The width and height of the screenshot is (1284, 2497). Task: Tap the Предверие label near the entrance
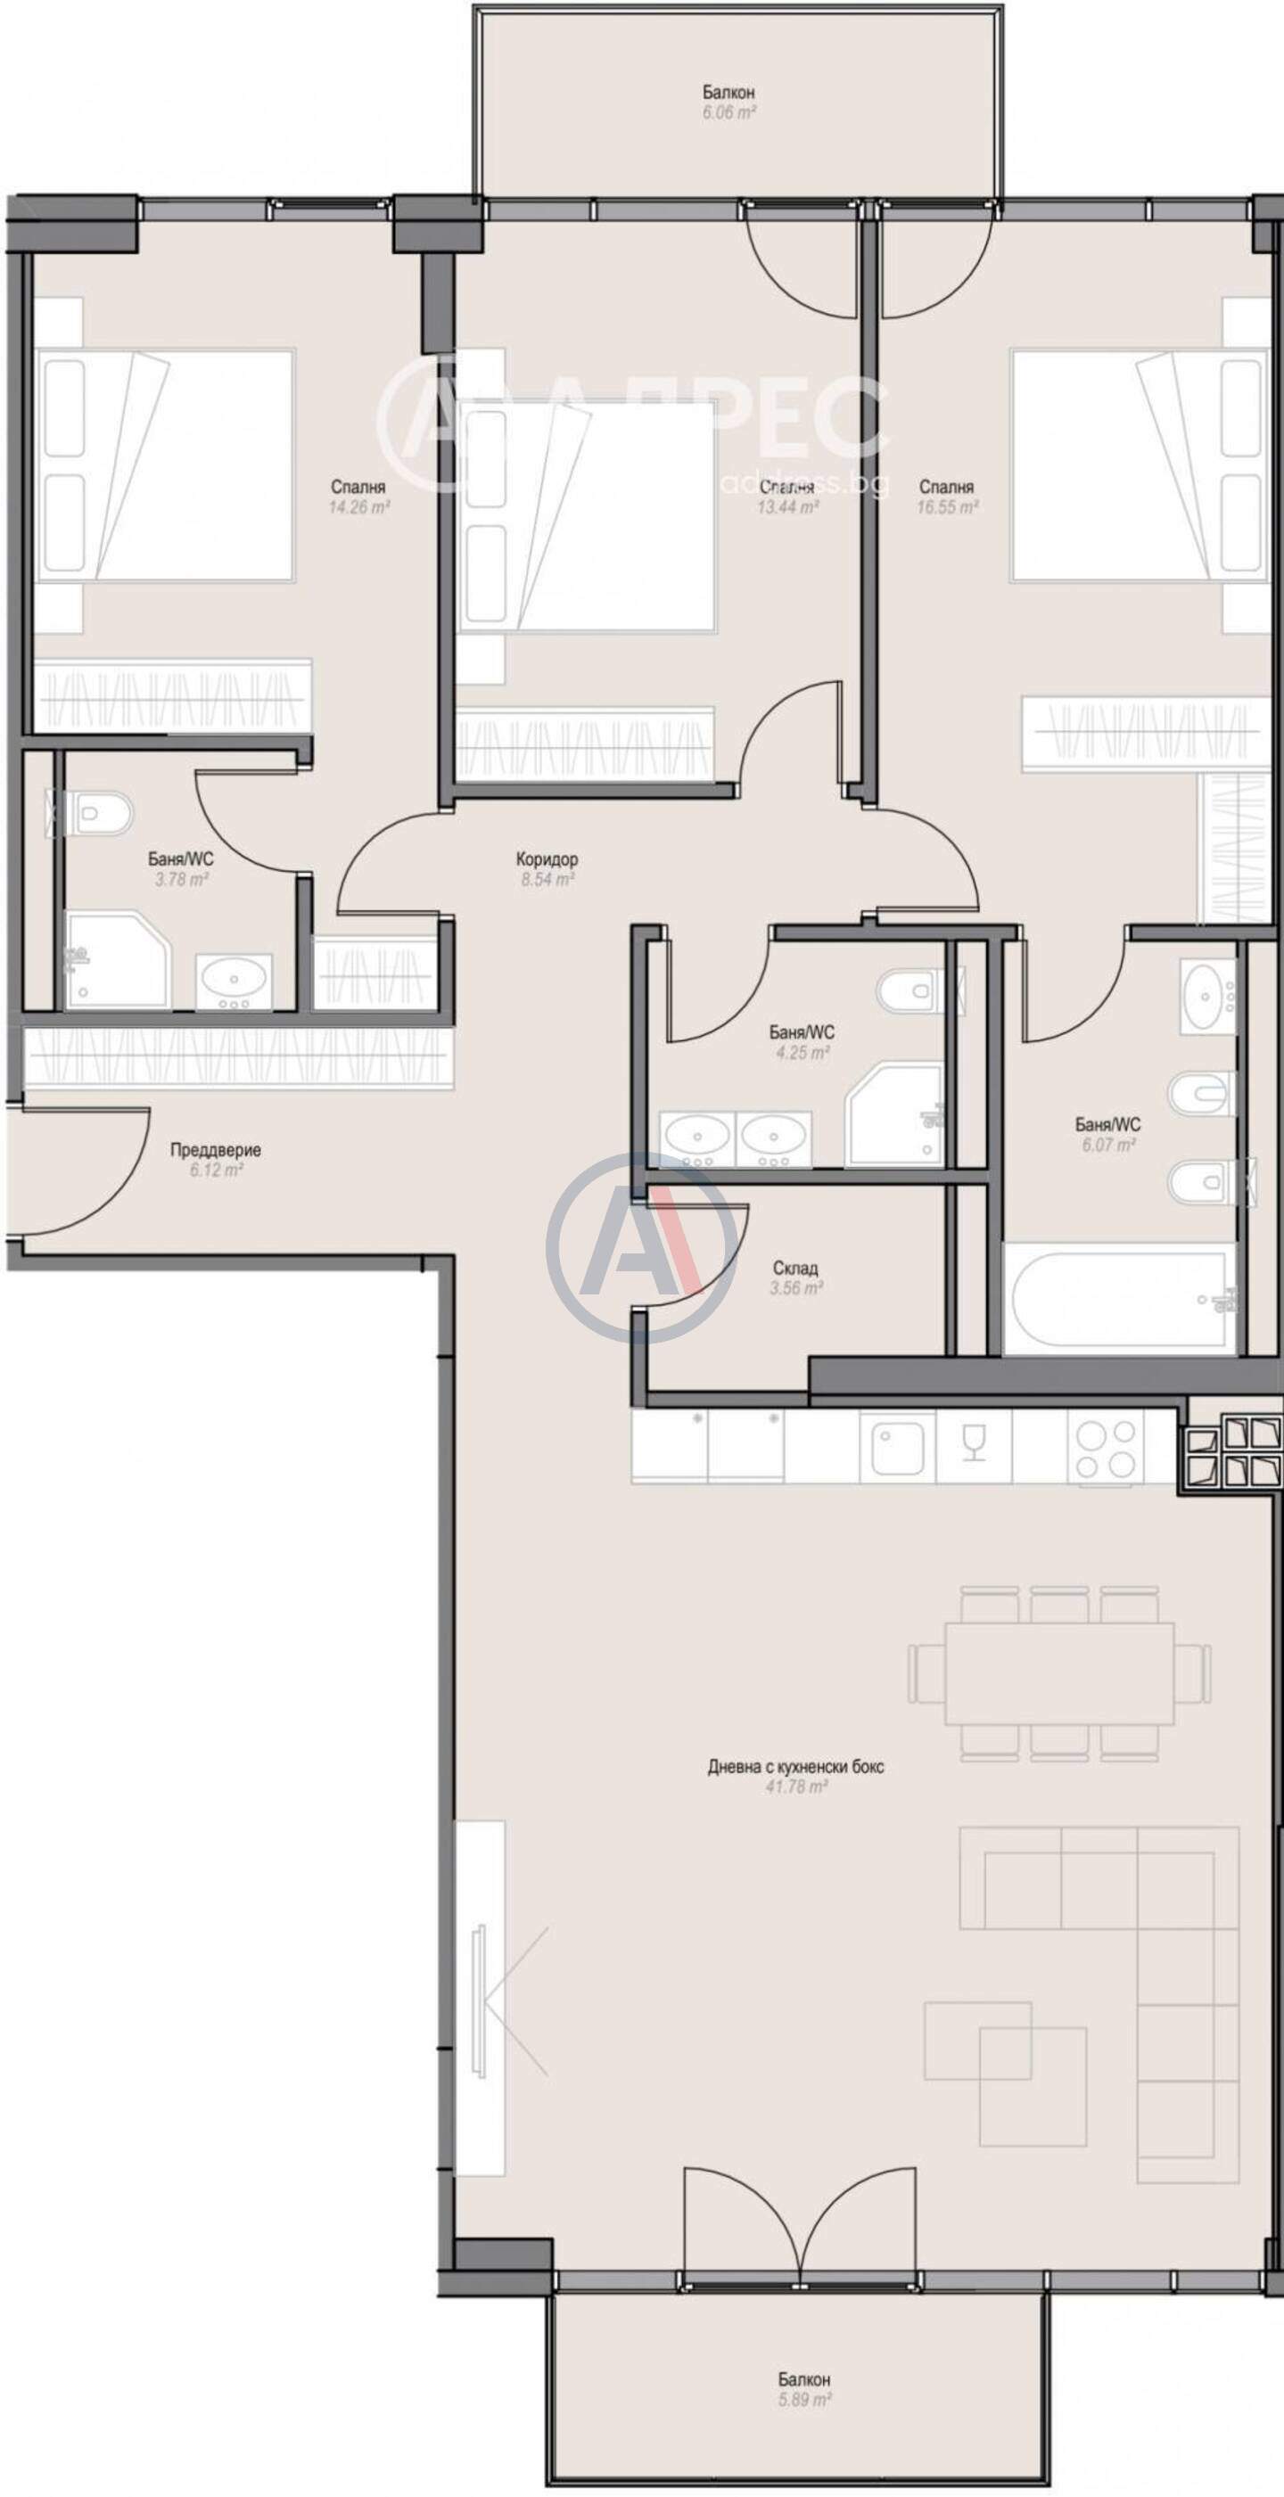(215, 1151)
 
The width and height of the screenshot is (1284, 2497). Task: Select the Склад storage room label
(795, 1268)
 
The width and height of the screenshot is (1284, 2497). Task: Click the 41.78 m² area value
(795, 1786)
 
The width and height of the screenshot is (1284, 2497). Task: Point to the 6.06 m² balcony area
(729, 112)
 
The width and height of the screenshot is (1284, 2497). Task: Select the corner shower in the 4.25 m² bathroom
(895, 1113)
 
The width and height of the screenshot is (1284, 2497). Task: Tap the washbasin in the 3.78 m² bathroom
(234, 981)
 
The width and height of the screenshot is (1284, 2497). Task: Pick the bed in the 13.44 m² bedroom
(586, 518)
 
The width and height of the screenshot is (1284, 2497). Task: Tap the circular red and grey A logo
(641, 1248)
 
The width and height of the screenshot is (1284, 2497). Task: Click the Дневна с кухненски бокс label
(795, 1766)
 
